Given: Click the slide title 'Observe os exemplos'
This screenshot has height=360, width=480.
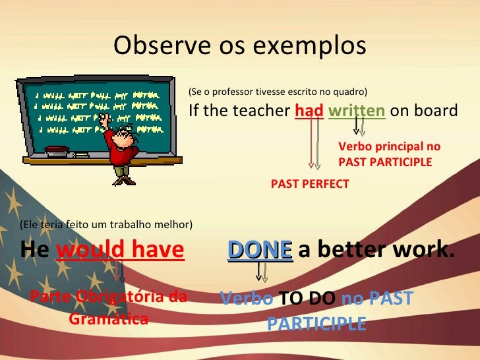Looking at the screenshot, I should (239, 45).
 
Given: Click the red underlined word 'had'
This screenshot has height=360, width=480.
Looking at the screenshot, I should (309, 110).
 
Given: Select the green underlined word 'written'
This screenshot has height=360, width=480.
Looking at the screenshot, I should (357, 110).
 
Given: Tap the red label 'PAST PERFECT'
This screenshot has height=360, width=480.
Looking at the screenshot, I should (310, 185).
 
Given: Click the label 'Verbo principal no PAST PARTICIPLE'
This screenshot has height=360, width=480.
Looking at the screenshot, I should (388, 154).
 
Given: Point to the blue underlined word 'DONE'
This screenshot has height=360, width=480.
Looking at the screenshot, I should (260, 251).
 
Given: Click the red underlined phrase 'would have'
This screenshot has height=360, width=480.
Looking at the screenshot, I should (121, 251).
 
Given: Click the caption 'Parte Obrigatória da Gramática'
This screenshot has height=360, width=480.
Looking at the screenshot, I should (108, 308).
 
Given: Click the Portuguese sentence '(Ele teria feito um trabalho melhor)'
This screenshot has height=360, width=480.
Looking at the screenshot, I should (106, 225).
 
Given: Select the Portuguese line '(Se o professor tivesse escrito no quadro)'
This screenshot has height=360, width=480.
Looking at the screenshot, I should (278, 92).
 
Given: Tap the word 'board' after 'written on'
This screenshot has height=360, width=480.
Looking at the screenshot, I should (438, 111).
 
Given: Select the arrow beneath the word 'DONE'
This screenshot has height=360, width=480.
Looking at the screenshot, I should (259, 272).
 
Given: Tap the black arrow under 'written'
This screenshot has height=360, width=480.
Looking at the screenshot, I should (357, 125).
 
